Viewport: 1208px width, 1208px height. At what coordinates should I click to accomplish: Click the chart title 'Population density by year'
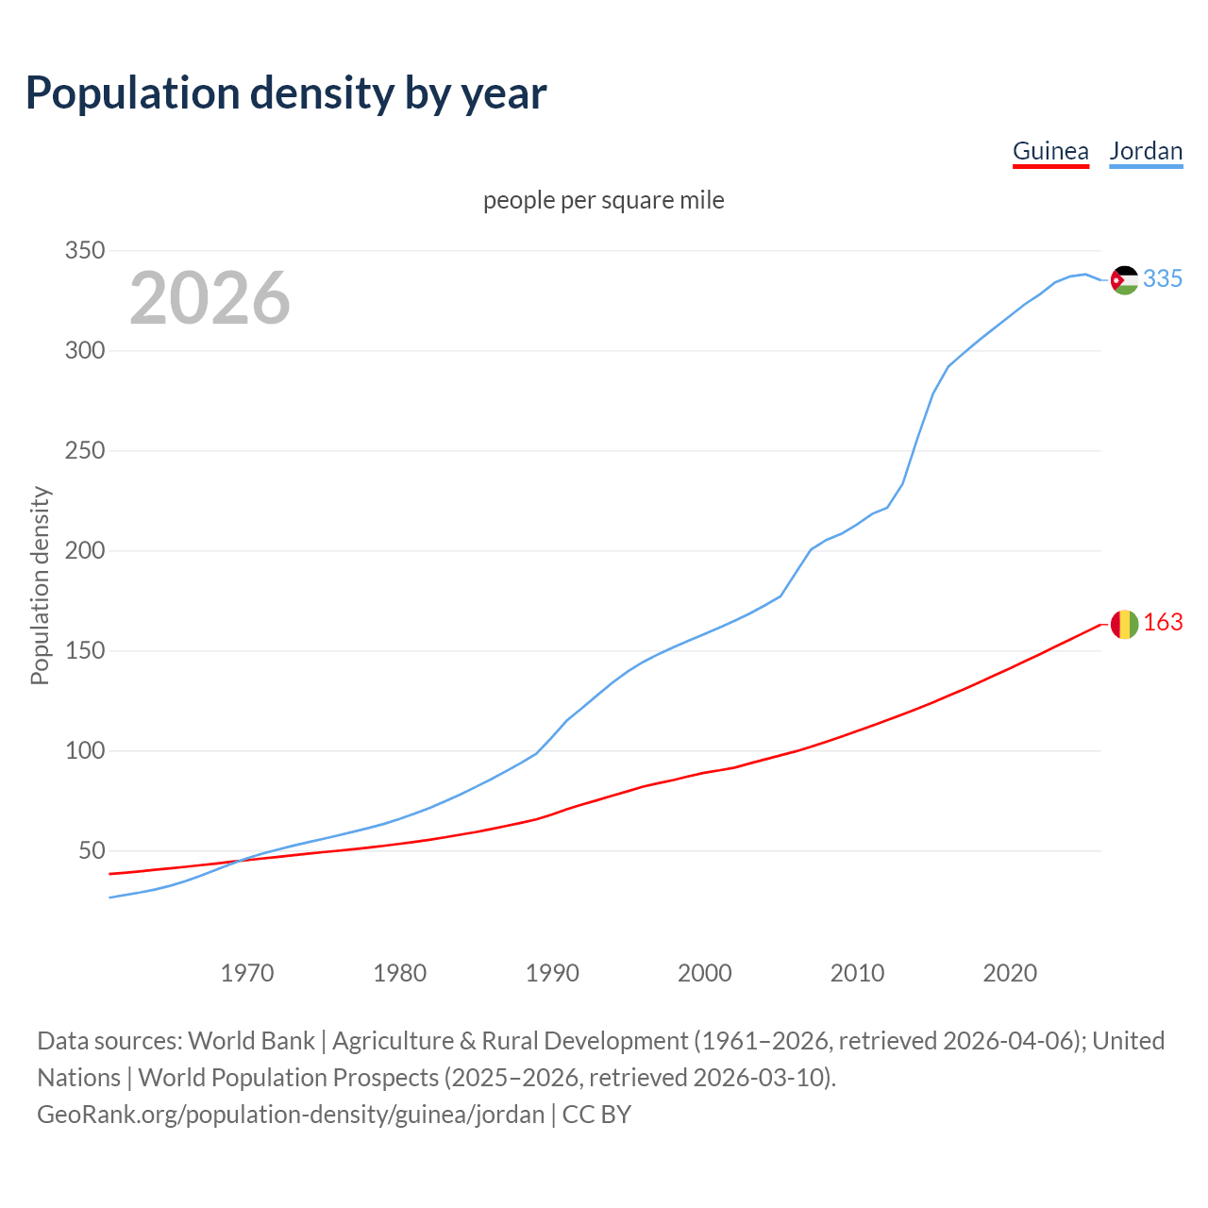click(x=286, y=92)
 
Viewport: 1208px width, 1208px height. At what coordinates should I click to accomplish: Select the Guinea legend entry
click(x=1050, y=151)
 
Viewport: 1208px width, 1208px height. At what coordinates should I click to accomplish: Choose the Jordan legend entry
click(x=1146, y=151)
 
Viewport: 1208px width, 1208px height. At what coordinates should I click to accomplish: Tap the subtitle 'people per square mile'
click(x=604, y=200)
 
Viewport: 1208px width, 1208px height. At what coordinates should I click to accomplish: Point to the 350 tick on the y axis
click(x=84, y=251)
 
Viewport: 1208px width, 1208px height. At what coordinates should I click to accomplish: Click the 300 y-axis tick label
click(x=84, y=351)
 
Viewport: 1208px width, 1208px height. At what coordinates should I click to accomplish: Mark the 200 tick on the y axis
click(x=84, y=551)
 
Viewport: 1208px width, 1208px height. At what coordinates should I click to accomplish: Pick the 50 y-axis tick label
click(x=91, y=851)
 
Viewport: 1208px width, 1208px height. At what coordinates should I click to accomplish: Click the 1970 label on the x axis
click(x=247, y=973)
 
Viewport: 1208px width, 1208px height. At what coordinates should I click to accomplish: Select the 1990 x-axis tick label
click(x=552, y=973)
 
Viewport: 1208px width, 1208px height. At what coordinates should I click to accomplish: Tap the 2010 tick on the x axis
click(x=857, y=973)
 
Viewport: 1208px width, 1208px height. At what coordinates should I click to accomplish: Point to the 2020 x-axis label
click(x=1010, y=973)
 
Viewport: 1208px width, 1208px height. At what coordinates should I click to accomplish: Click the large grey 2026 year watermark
click(x=210, y=298)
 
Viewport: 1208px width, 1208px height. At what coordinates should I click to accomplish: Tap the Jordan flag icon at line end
click(x=1124, y=280)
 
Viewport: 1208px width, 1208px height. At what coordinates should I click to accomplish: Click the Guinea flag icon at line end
click(x=1124, y=624)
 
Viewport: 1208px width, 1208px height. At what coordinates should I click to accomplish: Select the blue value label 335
click(x=1163, y=279)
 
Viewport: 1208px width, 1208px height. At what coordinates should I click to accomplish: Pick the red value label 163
click(x=1163, y=623)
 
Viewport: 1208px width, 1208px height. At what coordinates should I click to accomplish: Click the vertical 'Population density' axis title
click(x=40, y=585)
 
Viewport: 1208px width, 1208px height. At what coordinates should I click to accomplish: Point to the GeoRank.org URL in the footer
click(x=291, y=1115)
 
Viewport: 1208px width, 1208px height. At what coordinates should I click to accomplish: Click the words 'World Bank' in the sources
click(x=251, y=1041)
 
